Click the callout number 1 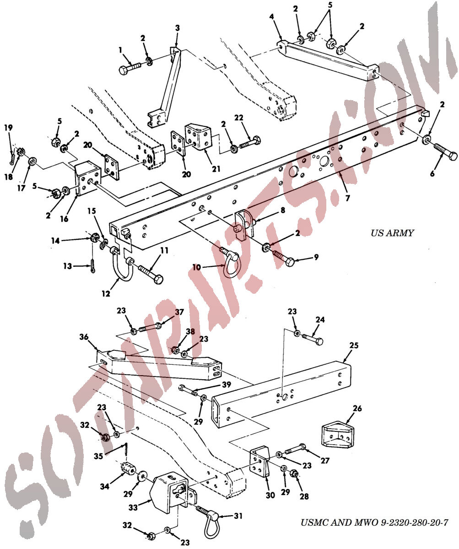[120, 50]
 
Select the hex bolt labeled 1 [130, 68]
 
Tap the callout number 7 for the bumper [347, 198]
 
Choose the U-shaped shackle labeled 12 [123, 264]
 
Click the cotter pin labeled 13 [93, 266]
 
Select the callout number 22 [238, 118]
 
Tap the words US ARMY [392, 233]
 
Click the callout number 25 [354, 345]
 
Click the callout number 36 [84, 337]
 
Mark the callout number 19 [8, 128]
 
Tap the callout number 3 [178, 28]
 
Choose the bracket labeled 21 [198, 137]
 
